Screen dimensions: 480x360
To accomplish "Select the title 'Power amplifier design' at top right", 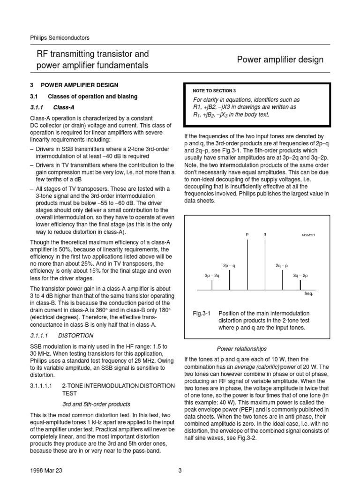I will point(280,60).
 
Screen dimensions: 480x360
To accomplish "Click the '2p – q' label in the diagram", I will point(229,266).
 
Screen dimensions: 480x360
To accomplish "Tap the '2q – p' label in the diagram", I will point(282,266).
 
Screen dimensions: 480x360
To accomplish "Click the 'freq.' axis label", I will point(308,293).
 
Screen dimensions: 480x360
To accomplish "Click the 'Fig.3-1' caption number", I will point(202,313).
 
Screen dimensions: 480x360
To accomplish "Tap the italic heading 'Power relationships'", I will point(241,349).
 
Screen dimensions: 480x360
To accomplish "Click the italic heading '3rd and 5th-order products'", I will point(96,404).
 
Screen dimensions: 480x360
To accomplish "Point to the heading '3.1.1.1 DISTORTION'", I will point(62,336).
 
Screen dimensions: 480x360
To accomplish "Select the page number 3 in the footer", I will point(180,470).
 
